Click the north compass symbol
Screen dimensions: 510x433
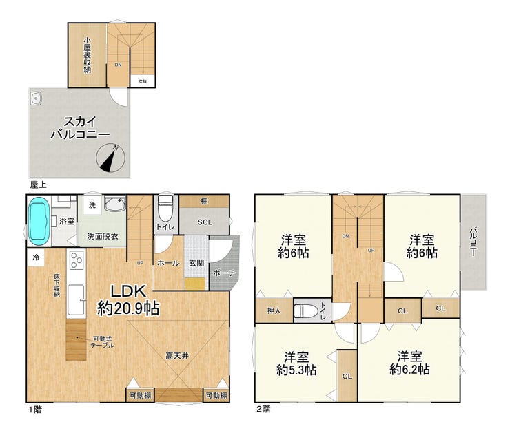(x=110, y=158)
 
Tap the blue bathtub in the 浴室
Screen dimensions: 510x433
(x=39, y=221)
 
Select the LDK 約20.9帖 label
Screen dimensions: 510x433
(x=128, y=300)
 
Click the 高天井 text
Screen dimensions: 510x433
(x=177, y=356)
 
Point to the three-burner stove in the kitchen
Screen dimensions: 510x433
(x=76, y=260)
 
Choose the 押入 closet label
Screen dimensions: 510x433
(x=274, y=311)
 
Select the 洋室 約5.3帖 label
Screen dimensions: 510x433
(x=296, y=363)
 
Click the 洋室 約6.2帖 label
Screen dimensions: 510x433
(x=409, y=363)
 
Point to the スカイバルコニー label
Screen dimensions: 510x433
(x=80, y=127)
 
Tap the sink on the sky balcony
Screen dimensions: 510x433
(x=35, y=98)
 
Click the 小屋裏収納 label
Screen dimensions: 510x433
(x=87, y=55)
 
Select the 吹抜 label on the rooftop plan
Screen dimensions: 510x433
(x=143, y=81)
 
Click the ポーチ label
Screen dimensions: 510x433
(x=224, y=273)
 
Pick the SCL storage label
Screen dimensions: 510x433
(x=205, y=222)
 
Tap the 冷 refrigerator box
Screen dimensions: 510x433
(x=36, y=257)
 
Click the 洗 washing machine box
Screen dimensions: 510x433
(x=92, y=205)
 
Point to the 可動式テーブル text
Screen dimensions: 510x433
(x=103, y=342)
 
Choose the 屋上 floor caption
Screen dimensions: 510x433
(x=38, y=184)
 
